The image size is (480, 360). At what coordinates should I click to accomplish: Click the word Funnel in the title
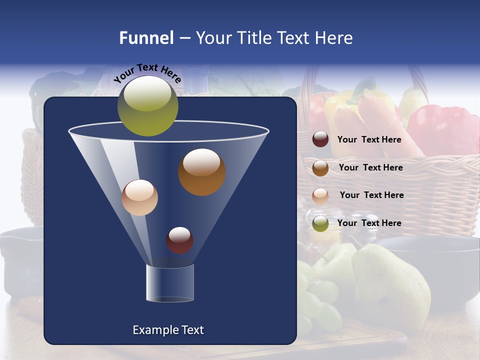point(146,38)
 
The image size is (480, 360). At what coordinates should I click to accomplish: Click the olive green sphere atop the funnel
point(147,106)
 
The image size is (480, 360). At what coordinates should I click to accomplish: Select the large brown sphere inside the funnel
point(201,172)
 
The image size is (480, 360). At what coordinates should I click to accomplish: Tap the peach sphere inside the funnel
point(139,197)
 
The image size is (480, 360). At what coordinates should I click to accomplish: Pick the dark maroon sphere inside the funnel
point(179,240)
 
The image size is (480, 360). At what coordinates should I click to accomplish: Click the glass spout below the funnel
point(170,283)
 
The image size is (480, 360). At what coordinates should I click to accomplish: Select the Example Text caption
point(168,330)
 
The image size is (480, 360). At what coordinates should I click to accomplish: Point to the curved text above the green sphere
point(147,73)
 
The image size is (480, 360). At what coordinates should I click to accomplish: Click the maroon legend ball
point(320,139)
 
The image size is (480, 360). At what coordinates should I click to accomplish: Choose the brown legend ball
point(320,168)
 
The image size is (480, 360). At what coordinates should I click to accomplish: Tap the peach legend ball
point(320,195)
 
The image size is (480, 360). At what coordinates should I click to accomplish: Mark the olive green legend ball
point(320,223)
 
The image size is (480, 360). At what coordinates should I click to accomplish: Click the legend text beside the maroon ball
point(369,140)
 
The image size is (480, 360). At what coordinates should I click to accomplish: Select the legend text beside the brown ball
point(370,167)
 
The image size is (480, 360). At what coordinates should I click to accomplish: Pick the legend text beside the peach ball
point(371,195)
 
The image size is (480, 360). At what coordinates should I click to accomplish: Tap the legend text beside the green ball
point(369,223)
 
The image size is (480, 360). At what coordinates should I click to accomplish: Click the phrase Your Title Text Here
point(274,38)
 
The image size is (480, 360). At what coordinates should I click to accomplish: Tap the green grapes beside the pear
point(317,300)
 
